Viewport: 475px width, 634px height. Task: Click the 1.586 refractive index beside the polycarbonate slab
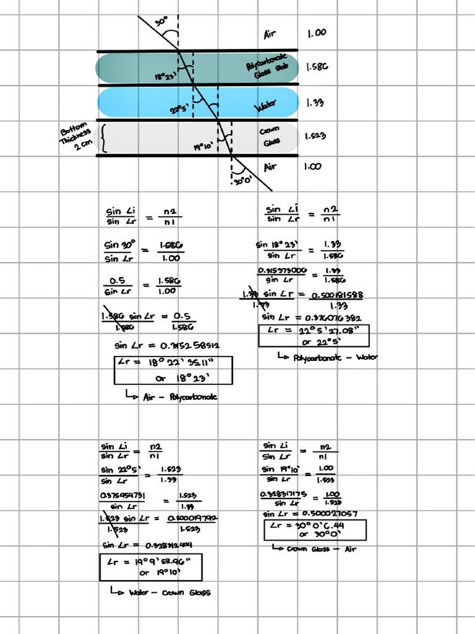[316, 67]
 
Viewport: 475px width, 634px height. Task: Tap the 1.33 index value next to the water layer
[315, 103]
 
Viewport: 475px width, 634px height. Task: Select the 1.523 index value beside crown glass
[315, 136]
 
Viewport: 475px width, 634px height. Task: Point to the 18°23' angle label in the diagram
[166, 77]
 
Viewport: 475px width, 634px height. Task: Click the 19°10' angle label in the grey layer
[203, 147]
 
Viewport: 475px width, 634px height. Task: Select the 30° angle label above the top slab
[161, 22]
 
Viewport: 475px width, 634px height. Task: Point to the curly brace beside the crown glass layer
[103, 138]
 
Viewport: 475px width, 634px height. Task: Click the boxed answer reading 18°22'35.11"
[173, 370]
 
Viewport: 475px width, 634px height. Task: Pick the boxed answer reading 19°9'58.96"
[150, 567]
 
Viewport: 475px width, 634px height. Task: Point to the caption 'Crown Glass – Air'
[315, 549]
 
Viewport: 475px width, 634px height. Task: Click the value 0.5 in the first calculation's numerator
[118, 280]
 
